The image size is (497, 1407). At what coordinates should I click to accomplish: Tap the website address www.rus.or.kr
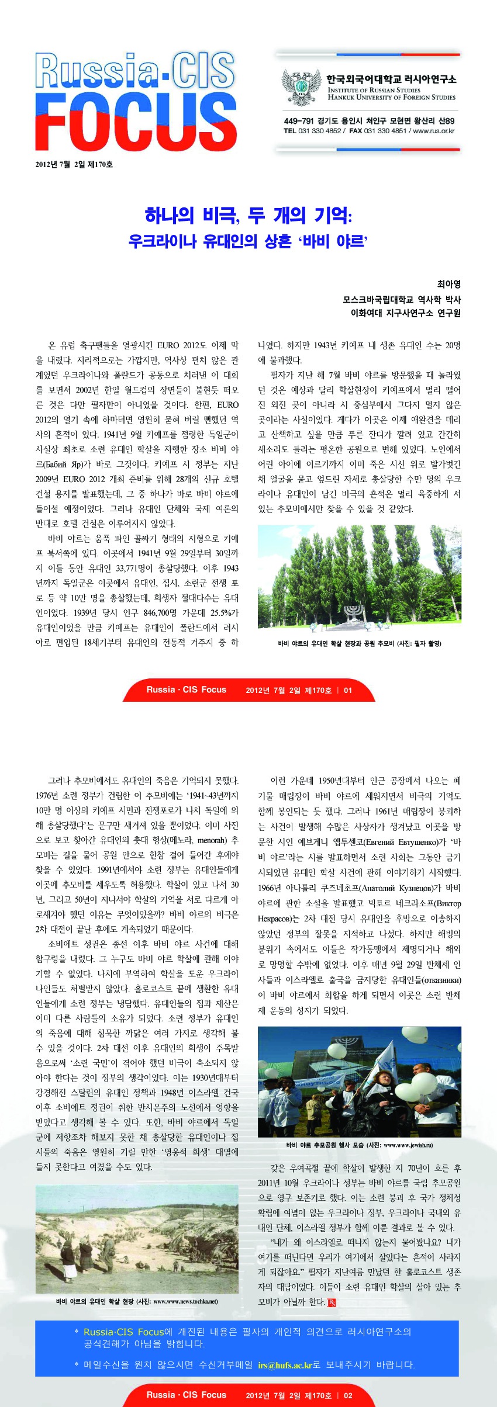click(x=434, y=131)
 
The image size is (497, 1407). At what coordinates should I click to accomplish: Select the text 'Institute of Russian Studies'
click(x=374, y=90)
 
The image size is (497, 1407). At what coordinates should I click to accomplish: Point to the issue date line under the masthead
click(x=74, y=165)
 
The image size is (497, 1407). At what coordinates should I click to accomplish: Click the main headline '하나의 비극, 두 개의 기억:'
click(x=248, y=216)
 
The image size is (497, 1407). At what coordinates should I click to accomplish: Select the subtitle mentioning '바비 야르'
click(x=248, y=241)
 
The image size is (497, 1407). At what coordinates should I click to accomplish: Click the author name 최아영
click(x=448, y=284)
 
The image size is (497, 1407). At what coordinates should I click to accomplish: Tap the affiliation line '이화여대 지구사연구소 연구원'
click(x=405, y=313)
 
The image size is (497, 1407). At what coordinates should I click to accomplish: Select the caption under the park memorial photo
click(x=359, y=643)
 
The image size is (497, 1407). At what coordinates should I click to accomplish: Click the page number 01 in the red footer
click(x=348, y=690)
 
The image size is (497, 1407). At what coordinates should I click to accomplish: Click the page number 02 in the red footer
click(x=348, y=1395)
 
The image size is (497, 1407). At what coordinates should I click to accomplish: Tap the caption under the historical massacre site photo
click(x=137, y=1301)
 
